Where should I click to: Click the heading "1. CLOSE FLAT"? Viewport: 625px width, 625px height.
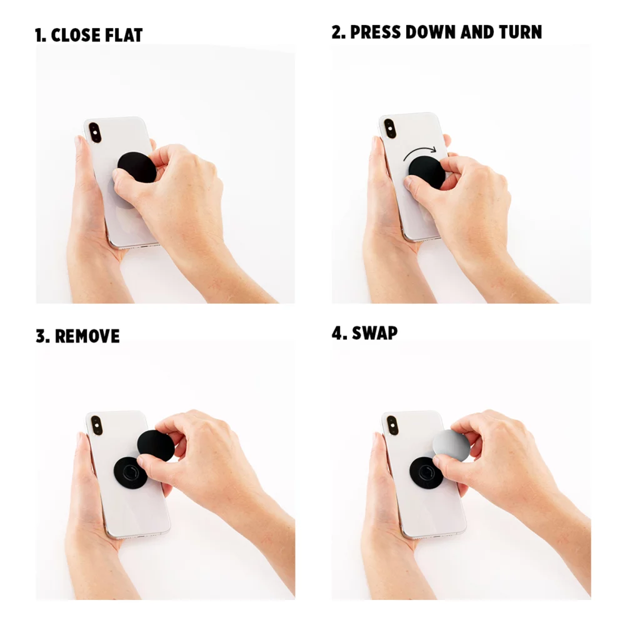89,35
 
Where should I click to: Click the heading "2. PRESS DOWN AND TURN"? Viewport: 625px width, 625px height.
436,32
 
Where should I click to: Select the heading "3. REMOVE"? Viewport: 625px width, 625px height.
77,336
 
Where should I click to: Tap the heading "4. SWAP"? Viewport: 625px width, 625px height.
364,332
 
